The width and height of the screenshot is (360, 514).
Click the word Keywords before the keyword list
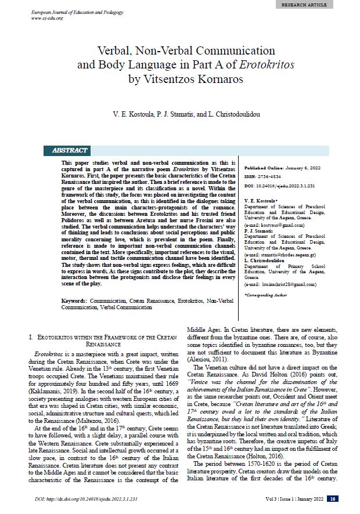pyautogui.click(x=74, y=302)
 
